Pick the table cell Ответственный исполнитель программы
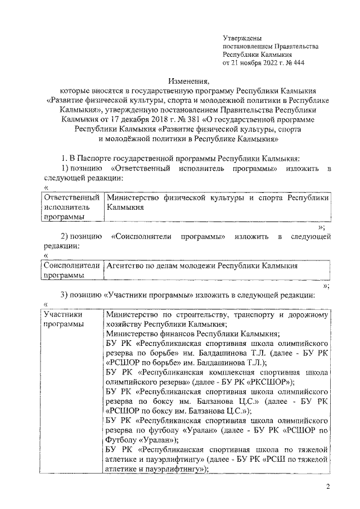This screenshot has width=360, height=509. (72, 207)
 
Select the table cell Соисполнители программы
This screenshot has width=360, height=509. (72, 269)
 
